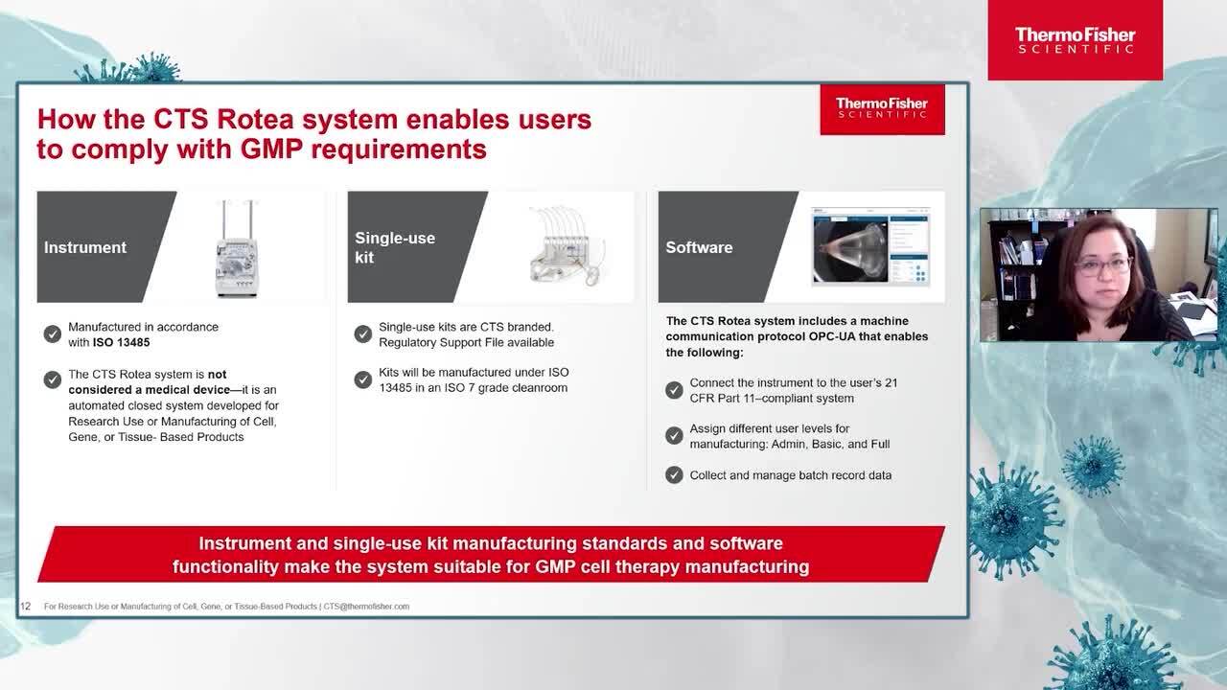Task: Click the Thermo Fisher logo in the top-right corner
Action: [x=1075, y=40]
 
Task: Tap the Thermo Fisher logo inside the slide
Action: [x=882, y=109]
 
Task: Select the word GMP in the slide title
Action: [x=271, y=149]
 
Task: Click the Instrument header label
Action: [x=85, y=247]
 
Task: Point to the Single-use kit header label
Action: [x=395, y=247]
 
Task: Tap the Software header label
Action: [x=699, y=247]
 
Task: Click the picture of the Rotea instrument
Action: [x=237, y=248]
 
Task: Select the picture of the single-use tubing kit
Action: [x=567, y=246]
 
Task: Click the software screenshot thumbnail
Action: [x=870, y=246]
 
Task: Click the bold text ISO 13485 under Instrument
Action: [x=121, y=343]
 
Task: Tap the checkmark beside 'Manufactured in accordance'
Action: [x=53, y=333]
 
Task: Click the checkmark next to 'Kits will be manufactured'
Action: [x=363, y=379]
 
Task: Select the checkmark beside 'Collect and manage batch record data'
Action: [x=674, y=474]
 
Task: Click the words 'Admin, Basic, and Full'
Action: [x=830, y=444]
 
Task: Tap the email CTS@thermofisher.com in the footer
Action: [x=366, y=607]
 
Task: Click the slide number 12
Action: [x=25, y=607]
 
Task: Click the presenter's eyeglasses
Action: [x=1102, y=266]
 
